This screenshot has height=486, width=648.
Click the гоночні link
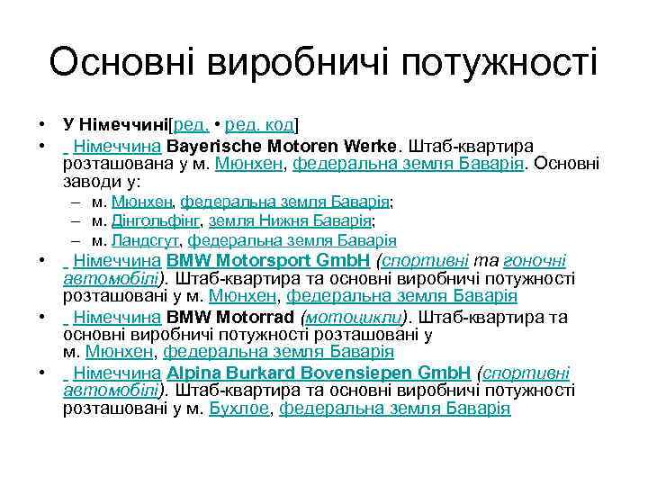point(536,261)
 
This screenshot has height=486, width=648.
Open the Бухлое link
point(239,409)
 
